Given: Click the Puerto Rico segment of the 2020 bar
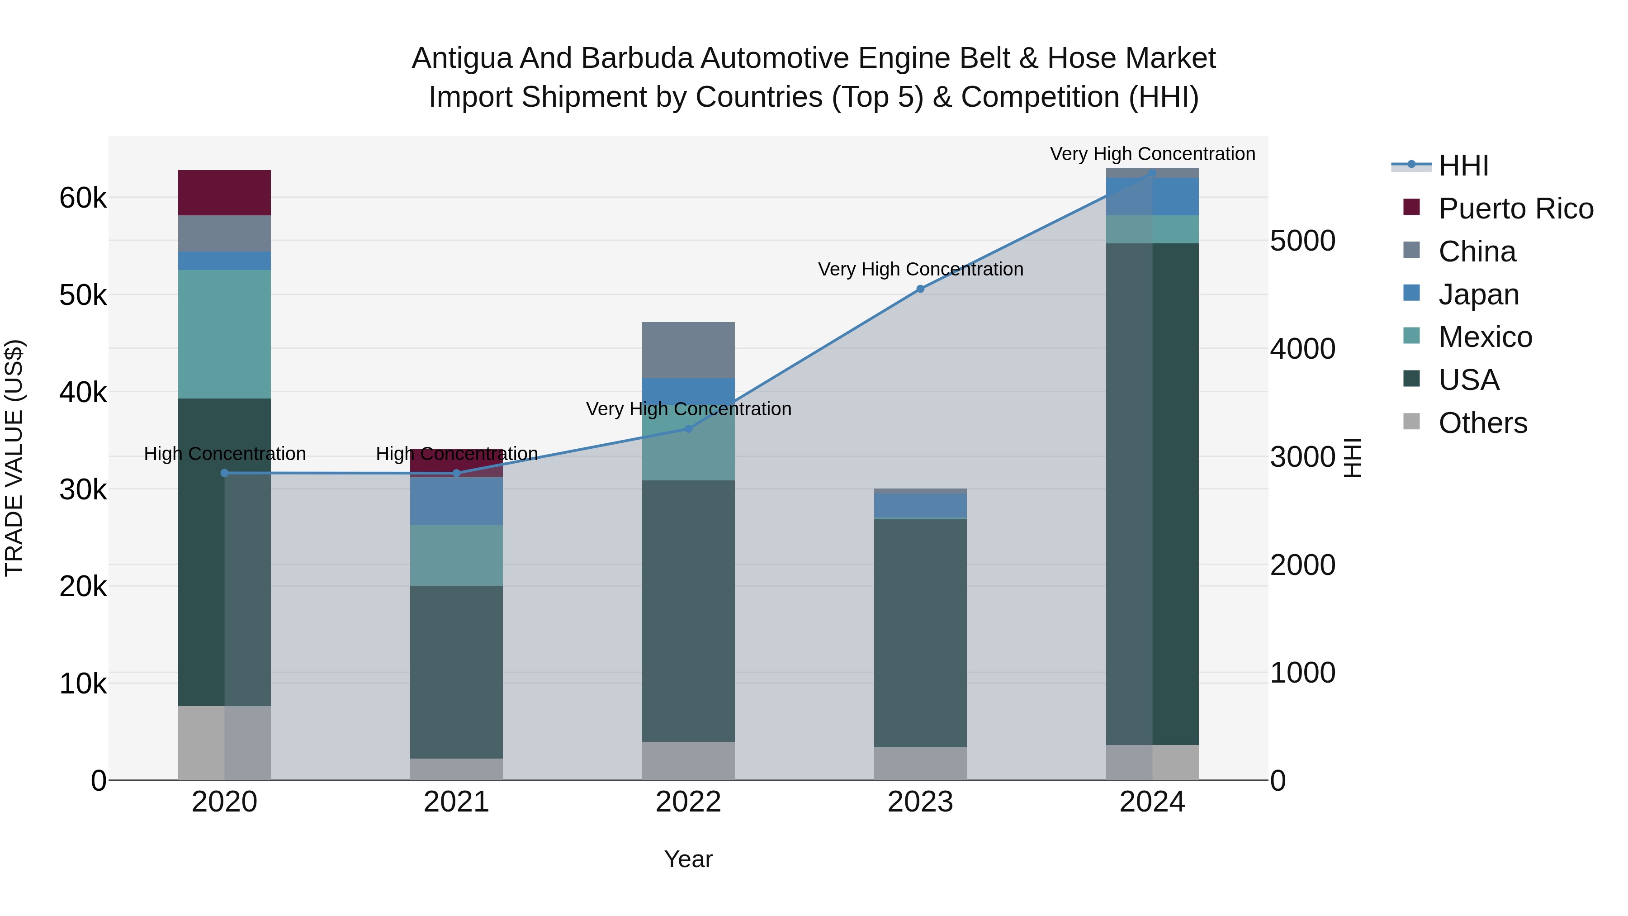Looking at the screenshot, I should pos(224,193).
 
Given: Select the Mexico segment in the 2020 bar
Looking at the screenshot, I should pos(224,334).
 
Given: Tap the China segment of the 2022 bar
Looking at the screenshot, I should pos(688,350).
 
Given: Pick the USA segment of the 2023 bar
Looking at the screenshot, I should pos(920,632).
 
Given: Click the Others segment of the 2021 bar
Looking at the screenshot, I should pos(456,769).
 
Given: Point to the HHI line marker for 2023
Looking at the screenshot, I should pos(920,289).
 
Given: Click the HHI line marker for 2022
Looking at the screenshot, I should pos(689,429).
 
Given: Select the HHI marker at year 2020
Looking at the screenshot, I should pos(224,473).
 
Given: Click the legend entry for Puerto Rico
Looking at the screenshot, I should pos(1515,209).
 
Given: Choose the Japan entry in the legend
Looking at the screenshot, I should pos(1478,294).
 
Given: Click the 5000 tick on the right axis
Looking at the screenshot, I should pos(1302,241).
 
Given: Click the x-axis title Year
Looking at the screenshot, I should pos(688,859).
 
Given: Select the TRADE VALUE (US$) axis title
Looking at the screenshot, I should pos(14,458).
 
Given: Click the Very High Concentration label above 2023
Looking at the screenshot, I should pos(920,269).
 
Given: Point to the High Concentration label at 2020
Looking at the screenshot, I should pos(224,454).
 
